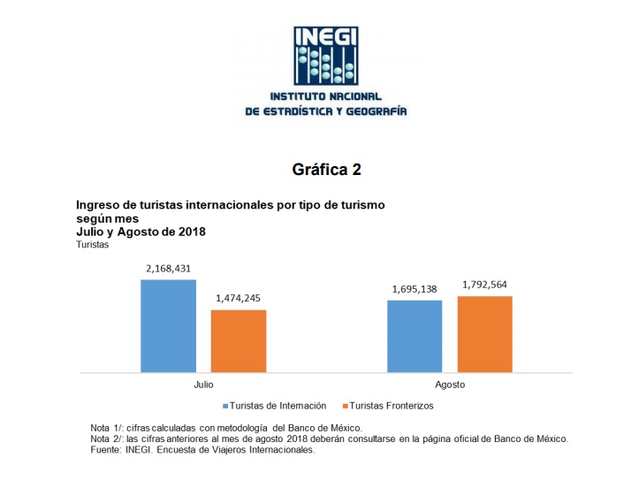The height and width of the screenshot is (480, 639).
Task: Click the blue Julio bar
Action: (x=168, y=325)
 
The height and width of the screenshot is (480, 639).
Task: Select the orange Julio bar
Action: (x=238, y=340)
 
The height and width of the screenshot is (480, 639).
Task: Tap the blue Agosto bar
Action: (x=415, y=336)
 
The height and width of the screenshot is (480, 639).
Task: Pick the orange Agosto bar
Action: (x=484, y=333)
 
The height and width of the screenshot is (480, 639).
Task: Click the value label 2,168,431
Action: (x=168, y=268)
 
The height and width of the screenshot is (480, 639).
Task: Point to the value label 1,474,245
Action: (x=238, y=298)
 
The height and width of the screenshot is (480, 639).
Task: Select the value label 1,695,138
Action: (x=415, y=288)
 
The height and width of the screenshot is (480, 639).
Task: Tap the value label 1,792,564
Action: (x=484, y=285)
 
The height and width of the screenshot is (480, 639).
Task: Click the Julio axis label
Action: (x=203, y=385)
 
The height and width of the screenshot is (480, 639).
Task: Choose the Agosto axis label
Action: (x=450, y=385)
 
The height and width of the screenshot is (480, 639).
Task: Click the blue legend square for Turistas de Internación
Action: (x=224, y=407)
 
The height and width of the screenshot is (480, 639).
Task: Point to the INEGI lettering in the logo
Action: (x=326, y=38)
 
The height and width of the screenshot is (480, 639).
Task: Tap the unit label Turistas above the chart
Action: (x=93, y=245)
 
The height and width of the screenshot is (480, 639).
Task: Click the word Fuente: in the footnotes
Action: (x=108, y=450)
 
